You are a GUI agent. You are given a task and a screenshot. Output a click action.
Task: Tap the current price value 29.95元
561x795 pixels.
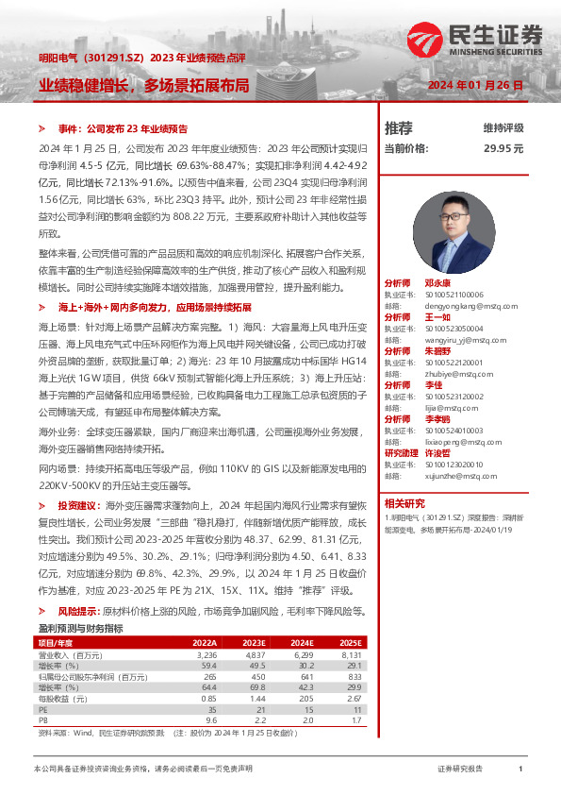coord(503,148)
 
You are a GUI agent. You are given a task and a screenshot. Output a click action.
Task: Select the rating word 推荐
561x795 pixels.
coord(399,127)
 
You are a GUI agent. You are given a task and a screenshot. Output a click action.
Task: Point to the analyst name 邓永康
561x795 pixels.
coord(437,282)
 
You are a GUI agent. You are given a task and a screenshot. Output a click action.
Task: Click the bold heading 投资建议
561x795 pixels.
coord(76,505)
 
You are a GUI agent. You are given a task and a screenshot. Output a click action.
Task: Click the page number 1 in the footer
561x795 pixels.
coord(520,770)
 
